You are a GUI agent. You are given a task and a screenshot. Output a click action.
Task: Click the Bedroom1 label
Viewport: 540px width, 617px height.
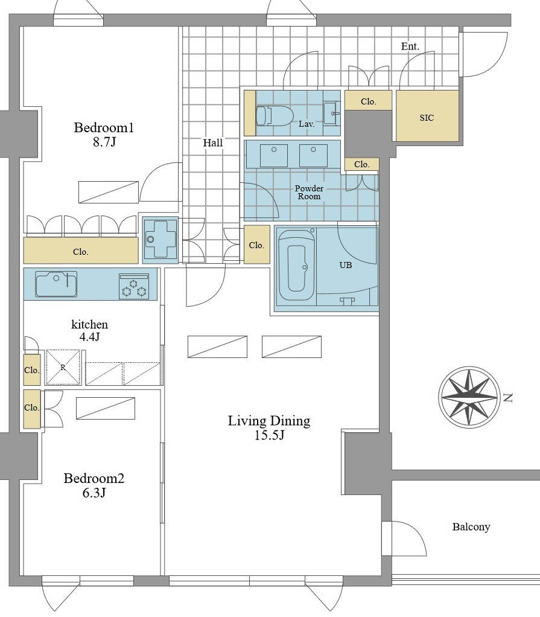coord(104,128)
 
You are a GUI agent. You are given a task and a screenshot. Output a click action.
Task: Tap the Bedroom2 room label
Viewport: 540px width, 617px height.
coord(94,479)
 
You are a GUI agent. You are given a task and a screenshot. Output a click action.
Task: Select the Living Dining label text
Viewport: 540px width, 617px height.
coord(269,421)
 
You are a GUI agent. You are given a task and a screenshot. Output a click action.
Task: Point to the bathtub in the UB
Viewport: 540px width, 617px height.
coord(296,269)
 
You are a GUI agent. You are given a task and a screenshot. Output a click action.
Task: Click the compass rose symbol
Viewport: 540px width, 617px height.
coord(468,397)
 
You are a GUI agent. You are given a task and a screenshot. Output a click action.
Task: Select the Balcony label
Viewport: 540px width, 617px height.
coord(471,527)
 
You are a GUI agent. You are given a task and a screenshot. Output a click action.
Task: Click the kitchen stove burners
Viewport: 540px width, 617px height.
coord(134,286)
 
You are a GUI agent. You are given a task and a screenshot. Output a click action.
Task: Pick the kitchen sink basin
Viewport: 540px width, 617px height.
coord(56,284)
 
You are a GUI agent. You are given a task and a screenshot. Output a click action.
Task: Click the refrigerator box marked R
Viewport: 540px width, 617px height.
coord(63,367)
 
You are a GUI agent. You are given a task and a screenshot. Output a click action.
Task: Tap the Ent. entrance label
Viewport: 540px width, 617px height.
coord(410,46)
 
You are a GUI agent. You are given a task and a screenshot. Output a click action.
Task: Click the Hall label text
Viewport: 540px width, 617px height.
coord(213,142)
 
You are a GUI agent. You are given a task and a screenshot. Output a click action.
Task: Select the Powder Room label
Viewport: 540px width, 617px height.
coord(309,193)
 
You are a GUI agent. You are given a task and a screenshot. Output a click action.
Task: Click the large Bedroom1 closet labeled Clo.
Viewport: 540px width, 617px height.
coord(81,251)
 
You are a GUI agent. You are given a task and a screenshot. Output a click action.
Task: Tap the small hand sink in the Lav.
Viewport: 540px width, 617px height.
coord(332,113)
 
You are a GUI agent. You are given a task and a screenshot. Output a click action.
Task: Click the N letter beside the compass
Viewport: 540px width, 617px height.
coord(508,398)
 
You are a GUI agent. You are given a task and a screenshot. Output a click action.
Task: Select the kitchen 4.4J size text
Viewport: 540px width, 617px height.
coord(89,337)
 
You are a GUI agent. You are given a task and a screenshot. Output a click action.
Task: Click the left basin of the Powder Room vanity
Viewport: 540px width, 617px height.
coord(274,155)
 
